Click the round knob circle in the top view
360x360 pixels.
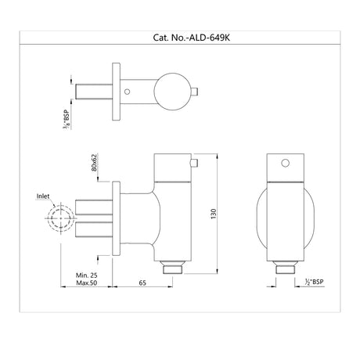point(171,91)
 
